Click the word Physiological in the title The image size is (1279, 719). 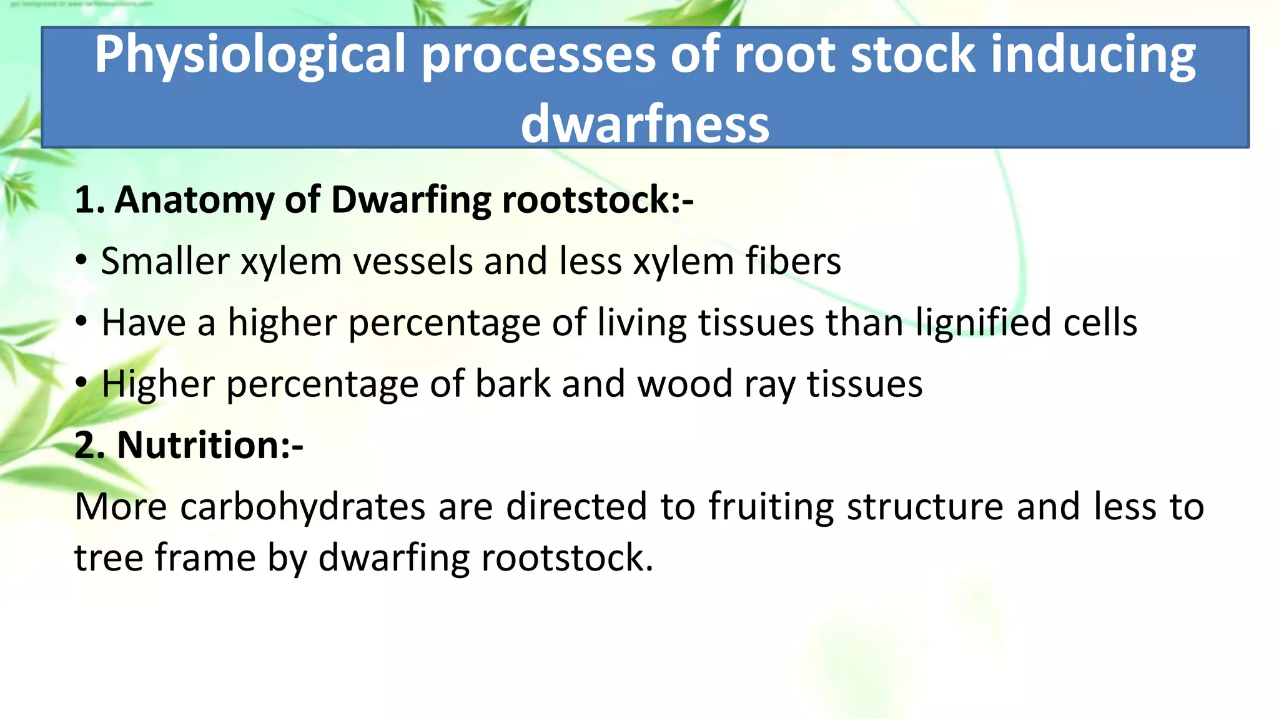[x=250, y=57]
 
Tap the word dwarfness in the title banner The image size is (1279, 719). [x=645, y=123]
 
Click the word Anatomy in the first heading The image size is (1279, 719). [x=194, y=200]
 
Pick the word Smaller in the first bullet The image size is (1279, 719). [x=165, y=261]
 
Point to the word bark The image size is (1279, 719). [x=513, y=383]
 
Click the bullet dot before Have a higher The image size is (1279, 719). [x=81, y=322]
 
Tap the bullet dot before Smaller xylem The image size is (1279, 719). [x=81, y=261]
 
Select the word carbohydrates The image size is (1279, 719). [x=303, y=506]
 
